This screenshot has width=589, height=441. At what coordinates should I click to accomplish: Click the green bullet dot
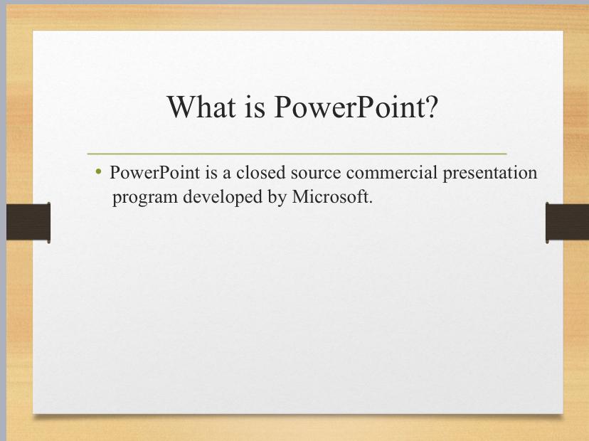pyautogui.click(x=98, y=171)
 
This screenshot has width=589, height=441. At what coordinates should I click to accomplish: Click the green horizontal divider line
pyautogui.click(x=297, y=154)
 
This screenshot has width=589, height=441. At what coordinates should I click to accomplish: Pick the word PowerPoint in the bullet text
pyautogui.click(x=155, y=172)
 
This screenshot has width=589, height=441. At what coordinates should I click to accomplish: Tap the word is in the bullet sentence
pyautogui.click(x=211, y=172)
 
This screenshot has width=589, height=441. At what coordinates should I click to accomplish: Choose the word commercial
pyautogui.click(x=392, y=172)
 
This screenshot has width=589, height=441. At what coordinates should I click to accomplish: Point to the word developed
pyautogui.click(x=223, y=197)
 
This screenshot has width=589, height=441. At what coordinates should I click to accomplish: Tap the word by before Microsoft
pyautogui.click(x=277, y=197)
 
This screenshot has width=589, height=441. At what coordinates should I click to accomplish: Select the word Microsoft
pyautogui.click(x=330, y=196)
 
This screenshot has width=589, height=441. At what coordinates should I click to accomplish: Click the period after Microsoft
pyautogui.click(x=371, y=203)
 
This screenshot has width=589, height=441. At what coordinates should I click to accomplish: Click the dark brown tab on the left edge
pyautogui.click(x=28, y=223)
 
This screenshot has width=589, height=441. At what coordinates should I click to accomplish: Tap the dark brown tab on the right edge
pyautogui.click(x=567, y=223)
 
